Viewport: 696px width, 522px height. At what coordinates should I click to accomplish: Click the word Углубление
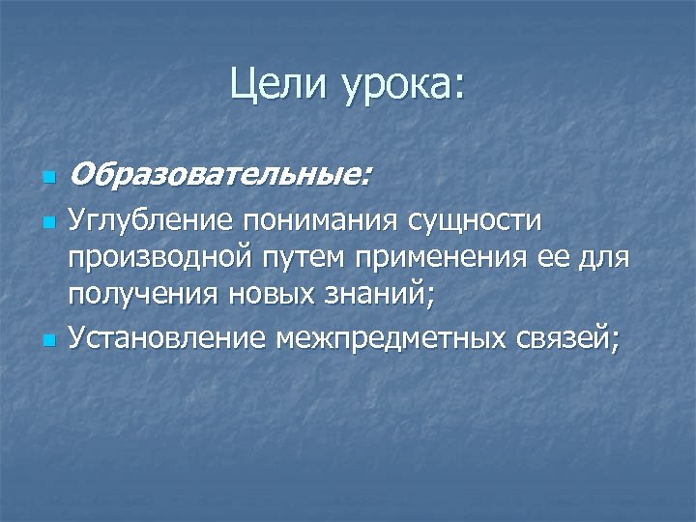[151, 223]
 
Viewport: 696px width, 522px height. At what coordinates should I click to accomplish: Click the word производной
[157, 261]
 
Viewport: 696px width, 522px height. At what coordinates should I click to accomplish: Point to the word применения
[441, 261]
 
